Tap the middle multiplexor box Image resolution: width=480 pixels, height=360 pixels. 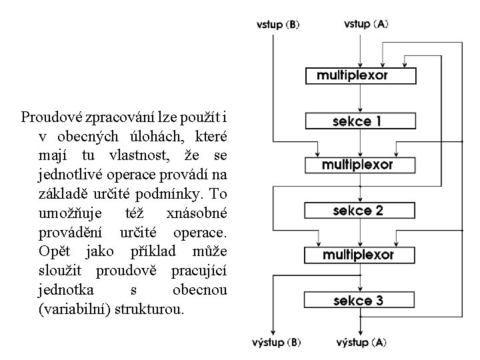tap(359, 165)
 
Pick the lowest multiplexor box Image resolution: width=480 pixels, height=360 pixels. tap(359, 255)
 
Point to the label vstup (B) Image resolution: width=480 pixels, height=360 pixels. tap(278, 25)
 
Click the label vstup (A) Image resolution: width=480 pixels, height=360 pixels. tap(366, 24)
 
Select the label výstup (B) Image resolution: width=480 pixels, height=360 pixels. tap(277, 343)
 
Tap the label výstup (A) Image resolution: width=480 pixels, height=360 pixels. tap(361, 343)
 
